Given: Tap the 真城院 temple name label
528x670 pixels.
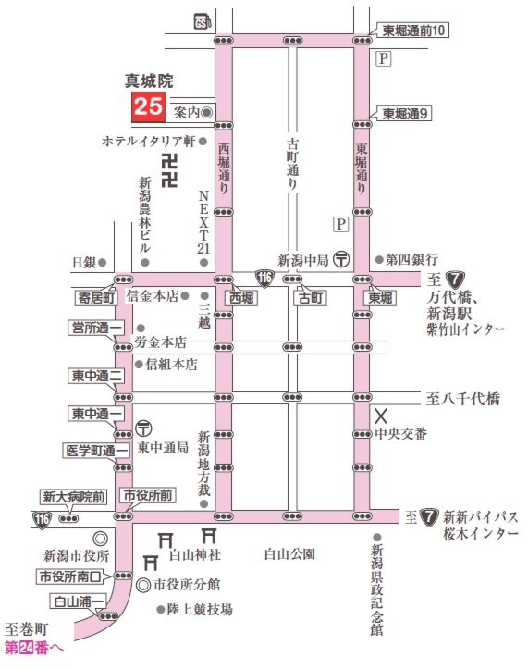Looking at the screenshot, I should (x=149, y=81).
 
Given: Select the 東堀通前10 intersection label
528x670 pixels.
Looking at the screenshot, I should (x=414, y=31).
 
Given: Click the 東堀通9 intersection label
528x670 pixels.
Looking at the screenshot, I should (x=407, y=114).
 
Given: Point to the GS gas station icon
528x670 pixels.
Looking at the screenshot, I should (x=200, y=21).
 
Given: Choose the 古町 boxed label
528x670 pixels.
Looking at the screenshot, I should (x=308, y=299).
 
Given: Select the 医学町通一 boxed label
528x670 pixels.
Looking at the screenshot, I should (x=95, y=451).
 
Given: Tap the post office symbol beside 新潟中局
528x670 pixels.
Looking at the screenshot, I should (x=341, y=260).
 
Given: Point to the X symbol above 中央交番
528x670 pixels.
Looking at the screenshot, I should (x=380, y=415).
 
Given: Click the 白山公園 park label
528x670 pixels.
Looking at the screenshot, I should (x=289, y=554).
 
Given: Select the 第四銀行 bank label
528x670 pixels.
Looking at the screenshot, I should (x=411, y=260).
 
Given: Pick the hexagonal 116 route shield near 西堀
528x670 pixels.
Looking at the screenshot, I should (x=265, y=275).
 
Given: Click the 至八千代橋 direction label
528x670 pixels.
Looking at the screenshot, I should (x=463, y=399).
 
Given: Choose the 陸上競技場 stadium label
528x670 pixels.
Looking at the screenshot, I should (x=199, y=609).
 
